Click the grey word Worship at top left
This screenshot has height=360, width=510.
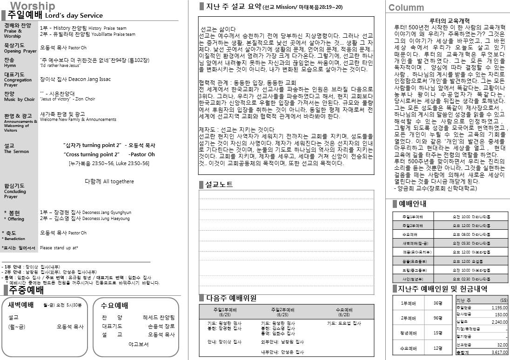tap(32, 6)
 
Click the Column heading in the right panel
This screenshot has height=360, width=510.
tap(406, 7)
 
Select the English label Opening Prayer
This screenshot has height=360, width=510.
tap(20, 51)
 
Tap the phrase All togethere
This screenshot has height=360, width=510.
tap(118, 181)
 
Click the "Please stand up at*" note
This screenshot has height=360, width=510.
tap(59, 248)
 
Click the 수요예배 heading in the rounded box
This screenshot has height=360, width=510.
tap(114, 306)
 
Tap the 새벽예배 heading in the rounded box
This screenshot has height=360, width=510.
tap(21, 305)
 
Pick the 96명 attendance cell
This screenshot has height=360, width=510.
tap(437, 318)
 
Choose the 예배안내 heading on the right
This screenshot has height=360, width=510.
tap(412, 204)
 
